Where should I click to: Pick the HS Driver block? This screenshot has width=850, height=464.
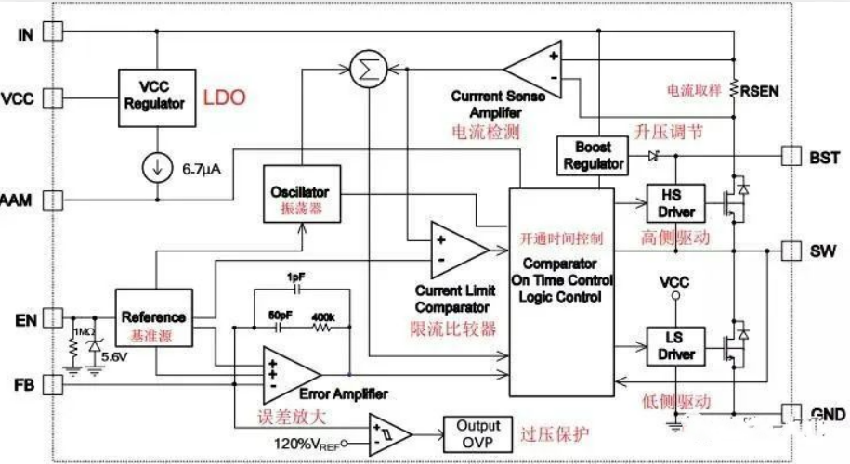coord(670,203)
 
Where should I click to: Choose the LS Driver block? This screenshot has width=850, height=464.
coord(670,346)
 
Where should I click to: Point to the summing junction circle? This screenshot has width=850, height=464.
coord(364,68)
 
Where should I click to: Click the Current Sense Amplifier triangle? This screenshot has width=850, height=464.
coord(537,65)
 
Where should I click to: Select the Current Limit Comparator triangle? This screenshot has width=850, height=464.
coord(455,248)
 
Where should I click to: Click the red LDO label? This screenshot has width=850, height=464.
coord(225,97)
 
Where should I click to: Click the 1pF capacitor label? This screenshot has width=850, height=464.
coord(295,277)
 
